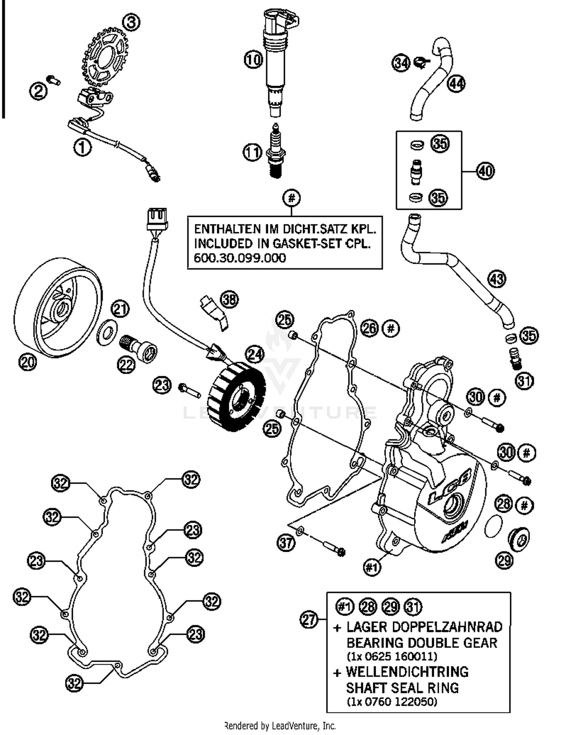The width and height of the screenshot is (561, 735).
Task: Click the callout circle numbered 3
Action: [x=131, y=22]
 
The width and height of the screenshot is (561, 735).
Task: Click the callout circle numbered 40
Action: [x=485, y=171]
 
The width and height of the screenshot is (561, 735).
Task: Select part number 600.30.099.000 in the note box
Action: [x=240, y=258]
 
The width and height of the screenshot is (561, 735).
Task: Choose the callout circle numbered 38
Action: [x=230, y=299]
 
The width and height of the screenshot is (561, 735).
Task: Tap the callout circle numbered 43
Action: [x=497, y=279]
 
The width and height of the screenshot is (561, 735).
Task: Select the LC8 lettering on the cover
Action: [x=449, y=486]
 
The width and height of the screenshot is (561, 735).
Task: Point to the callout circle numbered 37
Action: [x=286, y=542]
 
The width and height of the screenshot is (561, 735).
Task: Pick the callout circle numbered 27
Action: [x=309, y=620]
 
